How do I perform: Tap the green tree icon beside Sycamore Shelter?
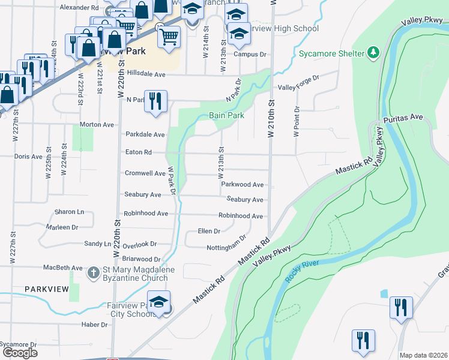[373, 53]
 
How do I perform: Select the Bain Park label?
[226, 116]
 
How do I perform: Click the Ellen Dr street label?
[209, 231]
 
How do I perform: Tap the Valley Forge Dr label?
[298, 87]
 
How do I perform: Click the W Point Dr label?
[296, 121]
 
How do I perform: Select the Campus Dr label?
[249, 54]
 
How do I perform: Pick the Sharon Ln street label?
[69, 212]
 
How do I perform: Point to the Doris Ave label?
[28, 156]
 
